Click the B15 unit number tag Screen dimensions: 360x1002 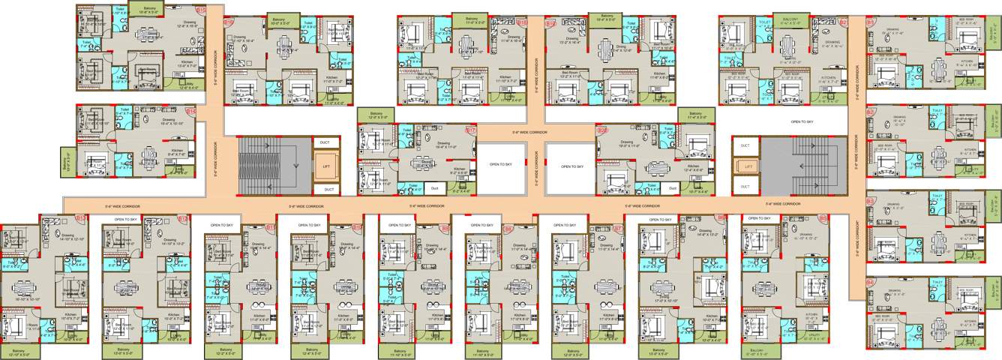(200, 10)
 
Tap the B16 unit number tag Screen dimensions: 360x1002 (228, 23)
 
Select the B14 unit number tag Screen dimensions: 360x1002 (190, 111)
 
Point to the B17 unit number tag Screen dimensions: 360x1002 (470, 130)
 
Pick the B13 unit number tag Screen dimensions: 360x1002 (82, 218)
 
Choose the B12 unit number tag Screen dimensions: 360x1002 (183, 218)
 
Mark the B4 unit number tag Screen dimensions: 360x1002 (870, 282)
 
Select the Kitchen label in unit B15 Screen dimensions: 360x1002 (187, 62)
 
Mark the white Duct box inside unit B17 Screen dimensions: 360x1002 (434, 187)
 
